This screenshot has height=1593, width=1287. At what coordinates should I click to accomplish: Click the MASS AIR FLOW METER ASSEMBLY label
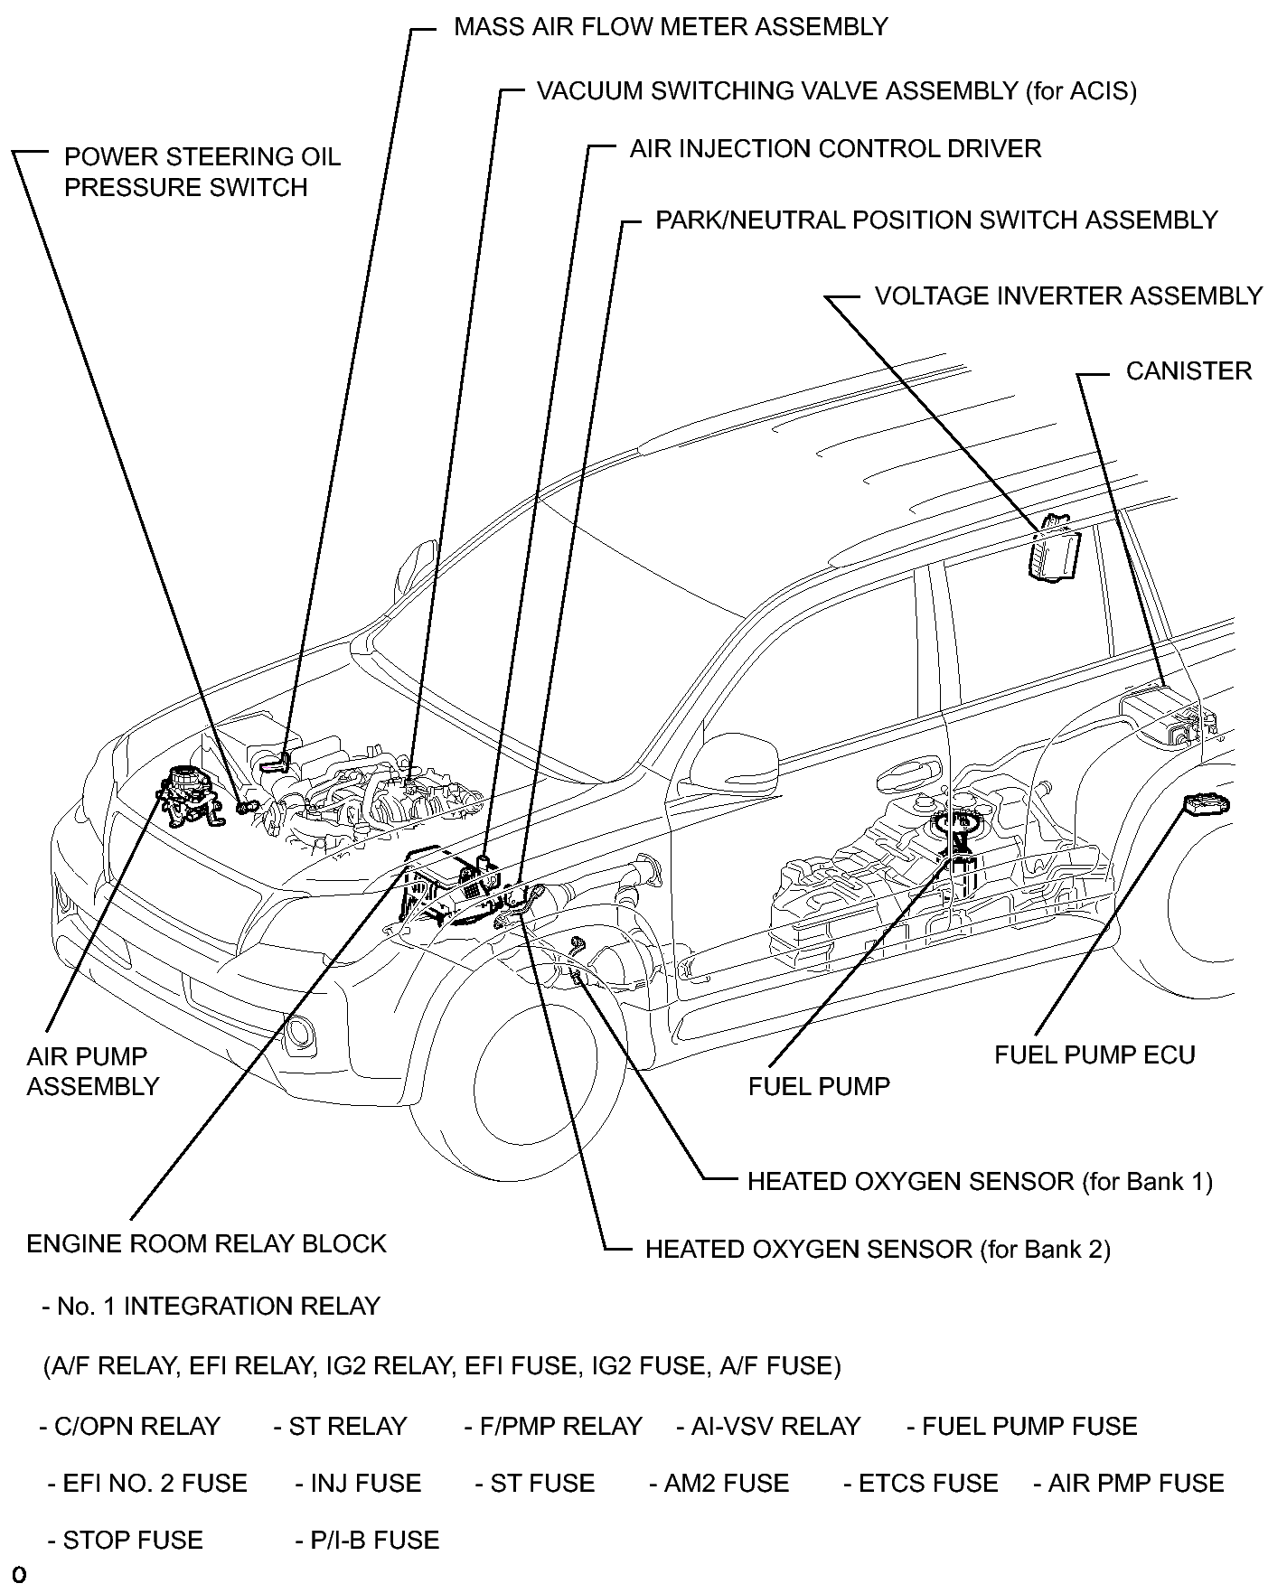click(671, 27)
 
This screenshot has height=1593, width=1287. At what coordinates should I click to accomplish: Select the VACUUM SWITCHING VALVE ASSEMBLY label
click(836, 91)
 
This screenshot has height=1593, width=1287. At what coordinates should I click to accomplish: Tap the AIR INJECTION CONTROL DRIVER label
click(835, 148)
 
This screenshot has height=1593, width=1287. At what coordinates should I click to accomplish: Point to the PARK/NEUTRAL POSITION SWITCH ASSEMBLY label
click(936, 220)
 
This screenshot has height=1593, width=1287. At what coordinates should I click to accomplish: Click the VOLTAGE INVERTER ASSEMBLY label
click(1068, 296)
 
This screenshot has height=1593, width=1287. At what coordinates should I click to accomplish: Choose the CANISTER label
click(1188, 371)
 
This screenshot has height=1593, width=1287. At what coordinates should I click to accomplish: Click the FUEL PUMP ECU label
click(1094, 1055)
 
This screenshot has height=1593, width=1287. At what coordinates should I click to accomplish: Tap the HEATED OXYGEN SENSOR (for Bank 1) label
click(980, 1182)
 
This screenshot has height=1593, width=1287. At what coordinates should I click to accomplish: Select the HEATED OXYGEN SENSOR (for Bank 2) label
click(878, 1250)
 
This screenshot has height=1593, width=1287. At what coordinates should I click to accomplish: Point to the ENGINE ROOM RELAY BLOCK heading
click(206, 1244)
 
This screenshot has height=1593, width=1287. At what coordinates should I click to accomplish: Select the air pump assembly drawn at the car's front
click(191, 794)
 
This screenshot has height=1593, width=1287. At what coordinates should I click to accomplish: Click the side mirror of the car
click(737, 760)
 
